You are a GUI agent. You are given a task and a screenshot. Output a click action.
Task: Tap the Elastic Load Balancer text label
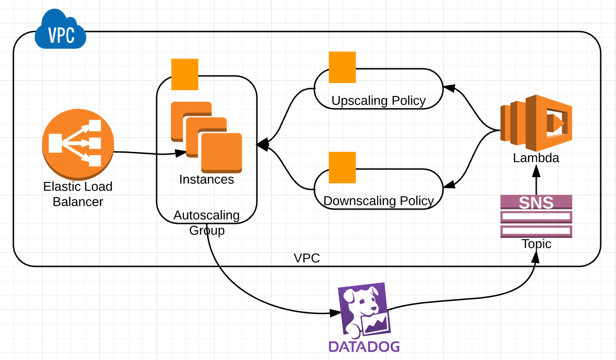78,194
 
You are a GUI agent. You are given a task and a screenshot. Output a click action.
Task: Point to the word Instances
206,180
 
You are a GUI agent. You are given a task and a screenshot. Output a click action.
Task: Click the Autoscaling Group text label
206,222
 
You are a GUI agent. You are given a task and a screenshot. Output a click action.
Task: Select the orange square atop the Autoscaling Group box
185,74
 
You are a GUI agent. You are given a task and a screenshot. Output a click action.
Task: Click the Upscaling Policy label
378,101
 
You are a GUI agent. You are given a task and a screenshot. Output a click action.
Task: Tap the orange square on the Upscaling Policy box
342,67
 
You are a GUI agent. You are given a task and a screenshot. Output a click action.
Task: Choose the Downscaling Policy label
379,201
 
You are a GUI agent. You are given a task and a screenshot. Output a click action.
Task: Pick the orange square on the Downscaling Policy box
342,168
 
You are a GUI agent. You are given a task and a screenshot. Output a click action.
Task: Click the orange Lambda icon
535,121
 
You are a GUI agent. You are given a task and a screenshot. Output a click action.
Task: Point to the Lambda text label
536,158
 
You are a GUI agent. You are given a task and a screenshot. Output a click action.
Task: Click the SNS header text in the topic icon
536,202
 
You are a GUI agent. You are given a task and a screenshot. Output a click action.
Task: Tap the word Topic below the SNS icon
536,244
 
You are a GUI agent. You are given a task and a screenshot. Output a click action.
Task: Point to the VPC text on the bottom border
307,258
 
